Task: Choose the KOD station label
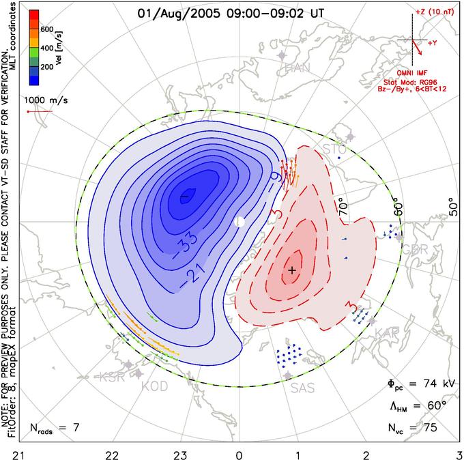click(154, 386)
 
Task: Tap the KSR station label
click(113, 377)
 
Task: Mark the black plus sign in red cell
click(293, 270)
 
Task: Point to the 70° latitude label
click(343, 205)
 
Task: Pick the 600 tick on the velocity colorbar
click(46, 29)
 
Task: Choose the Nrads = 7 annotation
click(55, 428)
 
